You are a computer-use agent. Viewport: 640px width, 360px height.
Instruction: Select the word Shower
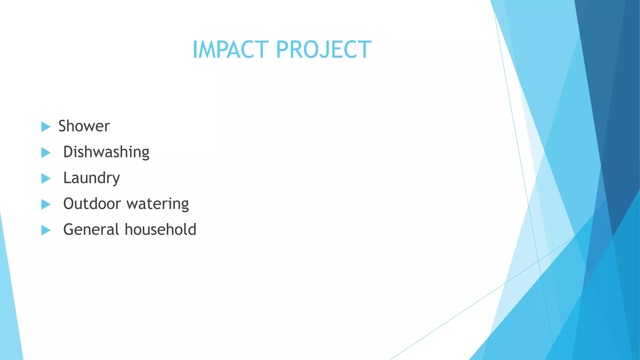click(84, 126)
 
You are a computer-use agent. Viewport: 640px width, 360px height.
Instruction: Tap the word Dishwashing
click(106, 152)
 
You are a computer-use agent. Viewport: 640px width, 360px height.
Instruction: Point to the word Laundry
click(92, 178)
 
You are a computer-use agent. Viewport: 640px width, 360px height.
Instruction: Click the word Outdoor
click(92, 204)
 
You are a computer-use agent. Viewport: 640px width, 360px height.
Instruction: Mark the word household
click(161, 230)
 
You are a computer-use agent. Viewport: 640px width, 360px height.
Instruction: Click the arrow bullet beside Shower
click(46, 127)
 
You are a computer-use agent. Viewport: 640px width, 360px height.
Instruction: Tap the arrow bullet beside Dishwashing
click(46, 153)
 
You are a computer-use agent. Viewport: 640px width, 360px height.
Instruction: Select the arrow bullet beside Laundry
click(46, 179)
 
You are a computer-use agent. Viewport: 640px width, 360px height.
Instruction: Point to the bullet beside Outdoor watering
click(46, 205)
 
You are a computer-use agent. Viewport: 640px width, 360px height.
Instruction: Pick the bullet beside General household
click(46, 231)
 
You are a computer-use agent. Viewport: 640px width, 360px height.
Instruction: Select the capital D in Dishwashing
click(68, 152)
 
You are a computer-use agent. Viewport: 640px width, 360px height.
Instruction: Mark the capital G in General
click(69, 229)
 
